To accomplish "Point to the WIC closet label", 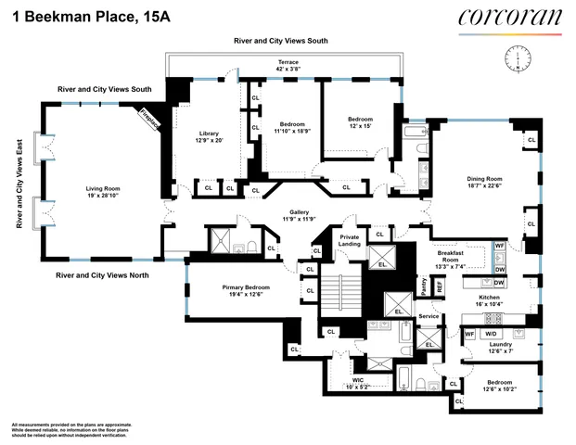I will pyautogui.click(x=356, y=383).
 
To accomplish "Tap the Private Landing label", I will pyautogui.click(x=349, y=240).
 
